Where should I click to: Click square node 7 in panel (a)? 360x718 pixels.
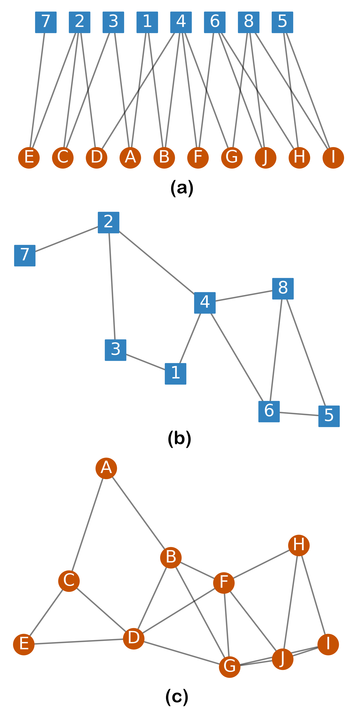(46, 22)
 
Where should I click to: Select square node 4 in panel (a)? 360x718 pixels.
(181, 22)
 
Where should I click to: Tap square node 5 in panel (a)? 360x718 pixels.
(282, 22)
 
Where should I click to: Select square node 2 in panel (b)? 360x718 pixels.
(108, 222)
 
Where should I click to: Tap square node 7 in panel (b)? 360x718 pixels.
(25, 256)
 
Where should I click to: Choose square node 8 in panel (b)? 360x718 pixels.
(283, 289)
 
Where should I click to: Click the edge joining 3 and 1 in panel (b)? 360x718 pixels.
(145, 362)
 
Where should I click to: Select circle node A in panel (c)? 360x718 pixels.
(106, 468)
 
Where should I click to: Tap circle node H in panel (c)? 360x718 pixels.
(299, 545)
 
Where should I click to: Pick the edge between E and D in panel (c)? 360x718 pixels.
(79, 641)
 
